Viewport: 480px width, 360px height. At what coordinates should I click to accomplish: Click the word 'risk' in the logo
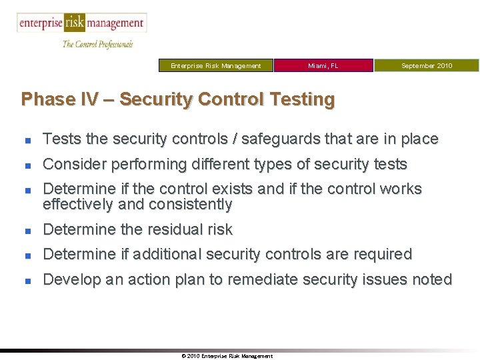(x=74, y=23)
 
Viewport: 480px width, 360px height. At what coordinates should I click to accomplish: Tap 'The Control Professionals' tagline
(x=97, y=44)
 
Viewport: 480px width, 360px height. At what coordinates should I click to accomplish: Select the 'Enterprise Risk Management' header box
(x=216, y=65)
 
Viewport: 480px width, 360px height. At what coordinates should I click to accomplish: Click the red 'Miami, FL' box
(x=323, y=65)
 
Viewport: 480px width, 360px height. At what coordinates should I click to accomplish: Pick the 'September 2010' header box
(x=426, y=65)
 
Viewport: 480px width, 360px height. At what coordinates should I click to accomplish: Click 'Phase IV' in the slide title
(x=59, y=99)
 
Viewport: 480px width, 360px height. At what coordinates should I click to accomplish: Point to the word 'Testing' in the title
(x=302, y=99)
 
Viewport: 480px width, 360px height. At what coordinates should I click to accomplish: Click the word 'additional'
(x=167, y=254)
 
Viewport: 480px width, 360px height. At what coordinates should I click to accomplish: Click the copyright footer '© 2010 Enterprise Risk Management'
(x=227, y=356)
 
